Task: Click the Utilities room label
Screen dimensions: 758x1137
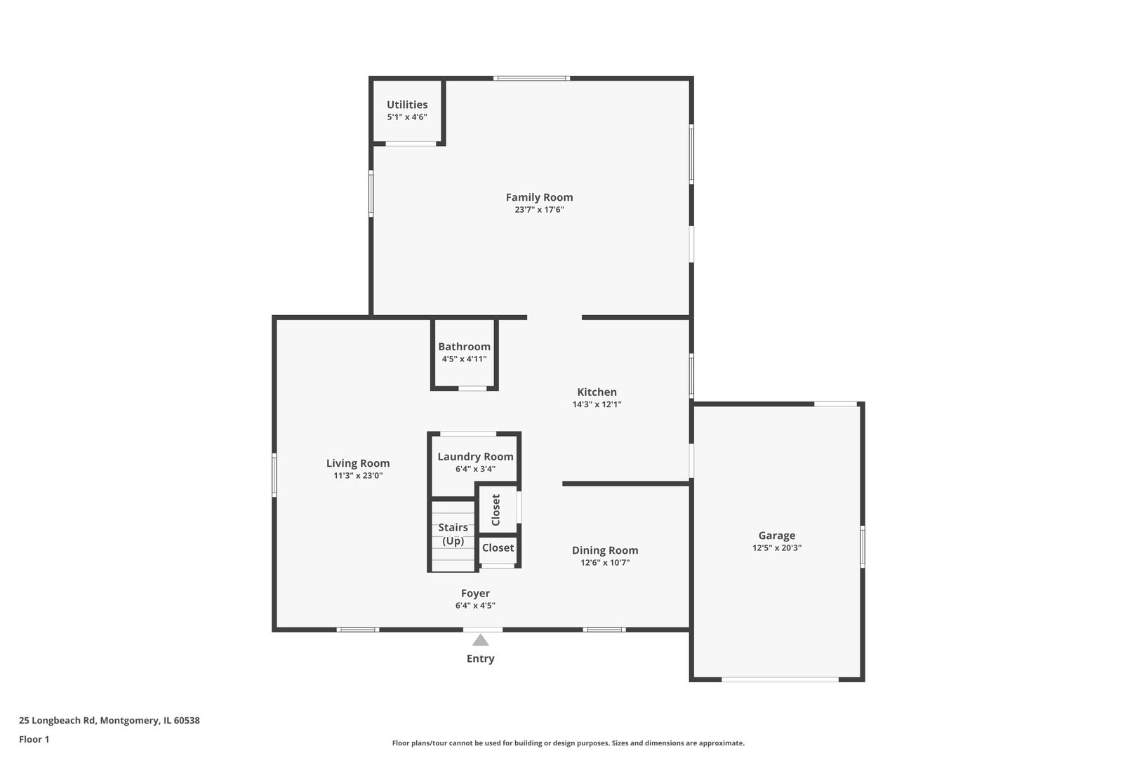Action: (407, 105)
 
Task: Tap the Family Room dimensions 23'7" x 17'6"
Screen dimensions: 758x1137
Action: (539, 210)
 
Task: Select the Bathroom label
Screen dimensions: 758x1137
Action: (464, 347)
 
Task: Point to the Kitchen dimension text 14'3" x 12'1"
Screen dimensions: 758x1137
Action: (597, 404)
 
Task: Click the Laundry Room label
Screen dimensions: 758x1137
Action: (475, 457)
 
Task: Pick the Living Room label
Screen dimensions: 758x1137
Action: (358, 463)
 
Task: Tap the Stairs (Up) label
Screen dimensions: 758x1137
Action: (453, 534)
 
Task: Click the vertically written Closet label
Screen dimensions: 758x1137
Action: (496, 510)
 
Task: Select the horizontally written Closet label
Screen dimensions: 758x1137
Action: (498, 548)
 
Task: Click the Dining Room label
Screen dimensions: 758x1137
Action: (604, 551)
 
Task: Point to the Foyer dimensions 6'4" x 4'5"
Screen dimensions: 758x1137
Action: (475, 606)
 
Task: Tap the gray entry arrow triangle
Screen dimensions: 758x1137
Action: (480, 640)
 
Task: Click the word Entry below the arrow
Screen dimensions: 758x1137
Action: (480, 659)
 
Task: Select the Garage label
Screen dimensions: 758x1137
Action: (776, 536)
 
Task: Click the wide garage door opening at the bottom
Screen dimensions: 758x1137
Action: (780, 679)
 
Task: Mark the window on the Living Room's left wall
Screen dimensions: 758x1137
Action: (274, 475)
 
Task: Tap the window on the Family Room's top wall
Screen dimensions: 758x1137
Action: (531, 78)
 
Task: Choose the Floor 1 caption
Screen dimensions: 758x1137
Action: (34, 739)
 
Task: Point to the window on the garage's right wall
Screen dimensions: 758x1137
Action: (862, 547)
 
